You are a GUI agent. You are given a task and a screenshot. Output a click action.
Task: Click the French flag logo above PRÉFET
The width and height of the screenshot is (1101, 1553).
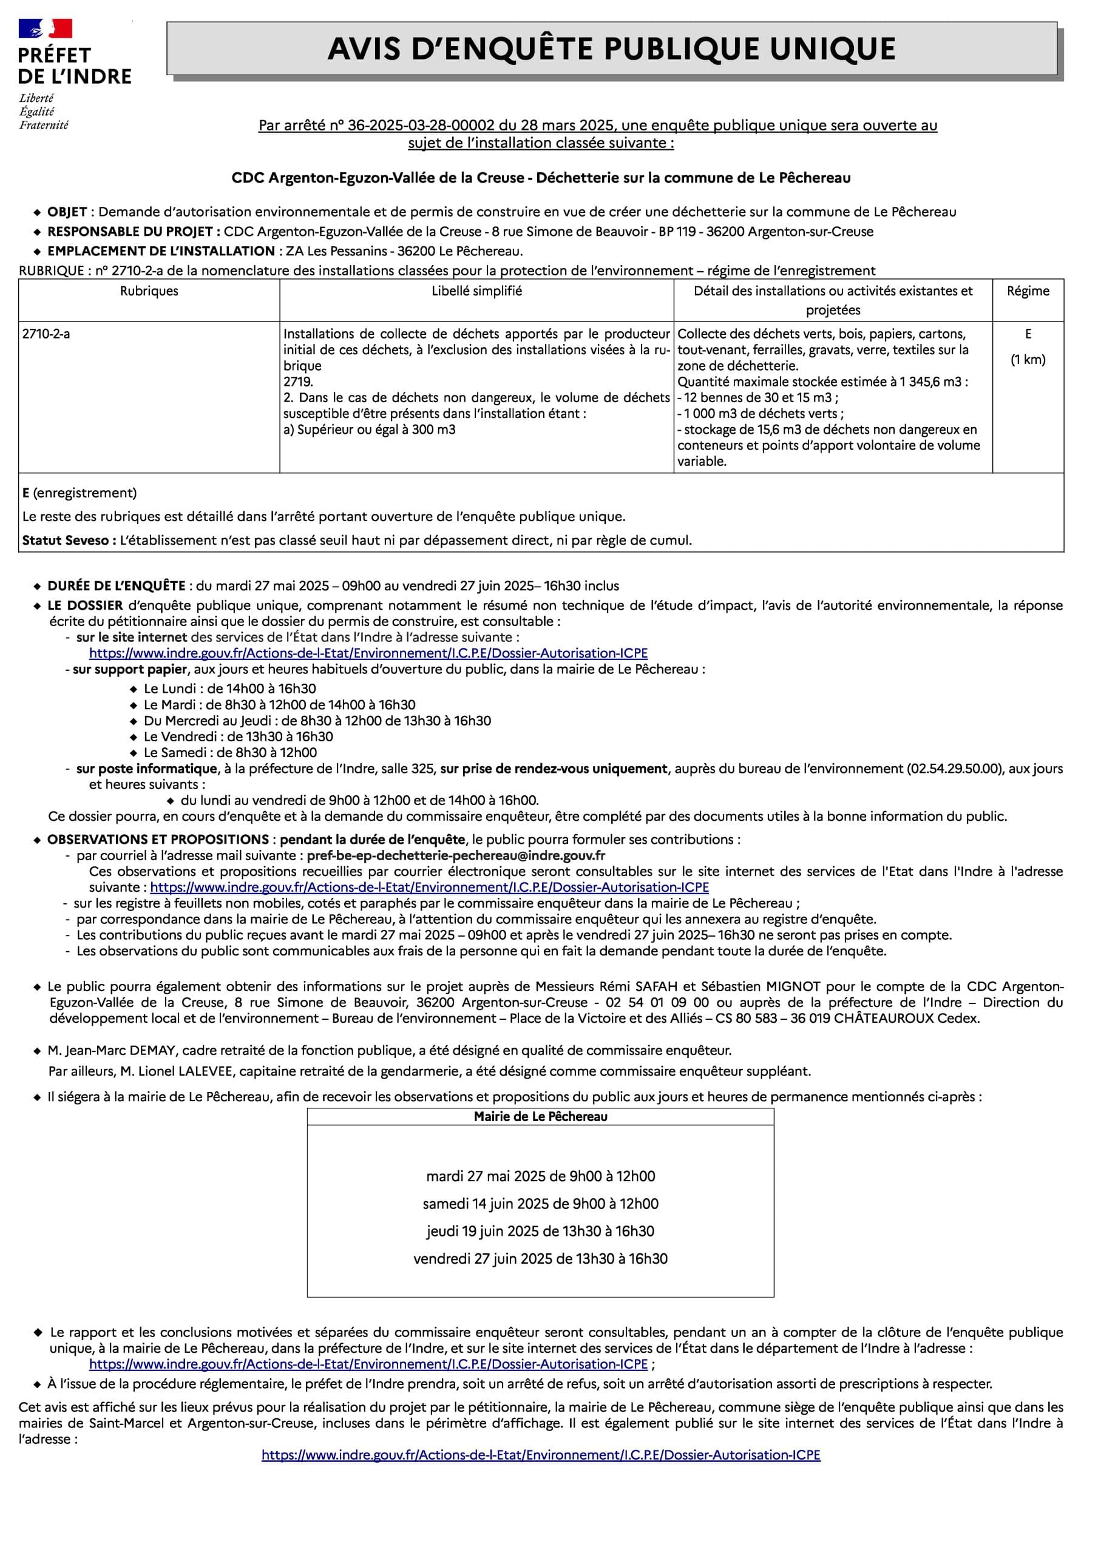tap(45, 29)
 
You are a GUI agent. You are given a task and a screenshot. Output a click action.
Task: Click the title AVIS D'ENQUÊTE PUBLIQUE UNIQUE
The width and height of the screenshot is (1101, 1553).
tap(612, 49)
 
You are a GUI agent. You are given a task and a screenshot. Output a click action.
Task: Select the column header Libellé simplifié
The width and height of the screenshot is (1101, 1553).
tap(476, 291)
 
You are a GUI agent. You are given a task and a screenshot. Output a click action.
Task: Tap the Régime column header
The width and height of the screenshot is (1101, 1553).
tap(1028, 291)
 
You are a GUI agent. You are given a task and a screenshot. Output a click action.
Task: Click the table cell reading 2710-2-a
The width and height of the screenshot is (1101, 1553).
tap(46, 334)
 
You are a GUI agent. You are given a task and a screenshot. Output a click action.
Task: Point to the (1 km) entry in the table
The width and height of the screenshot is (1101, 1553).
tap(1028, 360)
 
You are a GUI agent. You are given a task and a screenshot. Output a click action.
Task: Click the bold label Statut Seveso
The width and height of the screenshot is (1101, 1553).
tap(69, 540)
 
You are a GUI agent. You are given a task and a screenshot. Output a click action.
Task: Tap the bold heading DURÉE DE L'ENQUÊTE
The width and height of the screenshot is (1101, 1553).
tap(116, 585)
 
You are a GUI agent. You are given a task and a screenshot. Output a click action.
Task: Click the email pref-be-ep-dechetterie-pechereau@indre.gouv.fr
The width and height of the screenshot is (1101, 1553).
tap(456, 855)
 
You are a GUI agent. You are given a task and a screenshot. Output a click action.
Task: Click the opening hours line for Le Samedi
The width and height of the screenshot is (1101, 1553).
tap(230, 752)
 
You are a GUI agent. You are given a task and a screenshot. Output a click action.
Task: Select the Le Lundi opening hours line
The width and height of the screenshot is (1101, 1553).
tap(230, 689)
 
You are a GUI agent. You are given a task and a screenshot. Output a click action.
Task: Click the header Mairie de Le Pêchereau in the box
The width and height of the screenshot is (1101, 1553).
tap(540, 1116)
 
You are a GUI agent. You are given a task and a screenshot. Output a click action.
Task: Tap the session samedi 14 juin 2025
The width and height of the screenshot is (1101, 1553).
tap(540, 1204)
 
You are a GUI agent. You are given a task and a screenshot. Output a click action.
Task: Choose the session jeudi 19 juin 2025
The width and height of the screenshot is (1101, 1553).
tap(540, 1230)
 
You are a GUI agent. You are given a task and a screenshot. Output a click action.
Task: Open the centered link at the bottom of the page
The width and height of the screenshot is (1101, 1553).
tap(540, 1454)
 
